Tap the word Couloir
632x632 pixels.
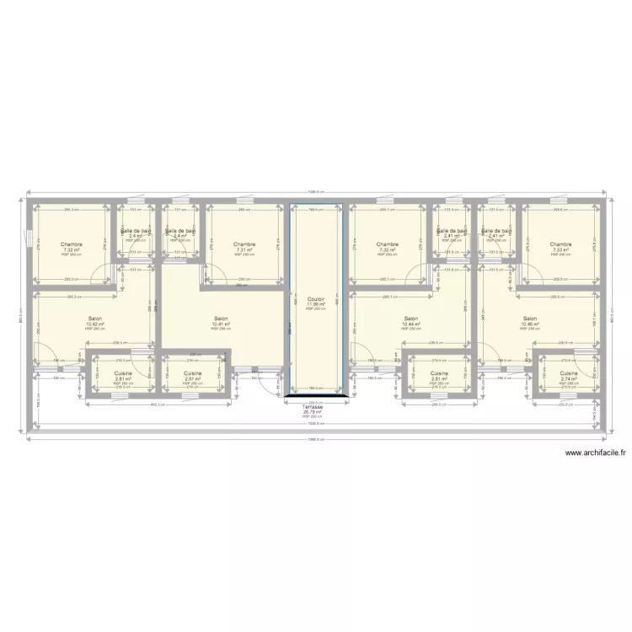pyautogui.click(x=316, y=299)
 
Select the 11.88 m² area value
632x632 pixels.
pyautogui.click(x=316, y=304)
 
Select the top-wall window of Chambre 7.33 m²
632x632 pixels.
pyautogui.click(x=560, y=202)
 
